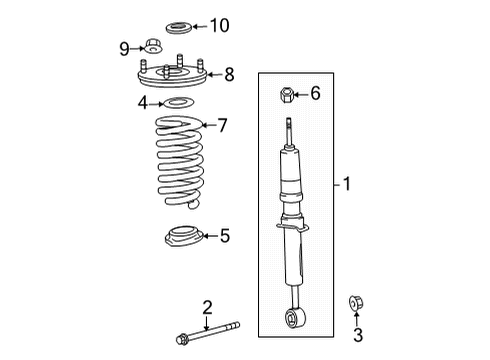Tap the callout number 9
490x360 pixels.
(125, 47)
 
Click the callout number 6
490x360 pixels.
(316, 94)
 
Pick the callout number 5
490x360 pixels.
(224, 236)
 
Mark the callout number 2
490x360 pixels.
(207, 307)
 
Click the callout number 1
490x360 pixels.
(346, 184)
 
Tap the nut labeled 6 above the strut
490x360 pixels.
(286, 95)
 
